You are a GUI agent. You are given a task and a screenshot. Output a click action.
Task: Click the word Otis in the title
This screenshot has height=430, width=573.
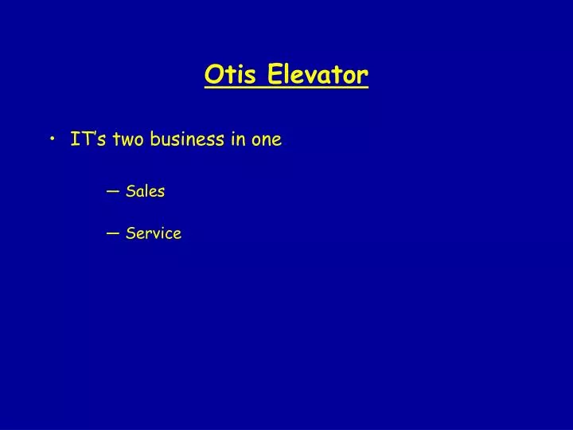tap(232, 75)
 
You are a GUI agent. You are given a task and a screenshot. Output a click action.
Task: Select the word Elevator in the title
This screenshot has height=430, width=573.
tap(318, 75)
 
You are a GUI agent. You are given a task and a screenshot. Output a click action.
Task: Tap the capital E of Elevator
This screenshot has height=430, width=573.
tap(273, 75)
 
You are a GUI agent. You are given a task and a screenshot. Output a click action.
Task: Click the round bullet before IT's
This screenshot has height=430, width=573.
tap(53, 140)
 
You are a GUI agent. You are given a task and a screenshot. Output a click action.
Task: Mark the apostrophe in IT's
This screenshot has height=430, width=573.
tap(95, 135)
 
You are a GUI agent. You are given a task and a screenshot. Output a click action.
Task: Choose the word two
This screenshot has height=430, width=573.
tap(129, 140)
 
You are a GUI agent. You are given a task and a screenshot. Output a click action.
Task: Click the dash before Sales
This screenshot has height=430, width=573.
tap(111, 191)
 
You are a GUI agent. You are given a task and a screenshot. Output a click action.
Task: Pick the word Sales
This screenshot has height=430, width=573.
tap(145, 191)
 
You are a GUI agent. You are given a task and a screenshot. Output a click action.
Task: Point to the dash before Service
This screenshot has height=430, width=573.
tap(111, 233)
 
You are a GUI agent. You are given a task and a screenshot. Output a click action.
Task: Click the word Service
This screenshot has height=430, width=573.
tap(153, 233)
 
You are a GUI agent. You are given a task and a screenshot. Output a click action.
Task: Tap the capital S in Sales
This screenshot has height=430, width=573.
tap(130, 191)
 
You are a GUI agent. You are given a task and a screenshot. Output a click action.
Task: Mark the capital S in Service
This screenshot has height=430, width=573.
tap(130, 233)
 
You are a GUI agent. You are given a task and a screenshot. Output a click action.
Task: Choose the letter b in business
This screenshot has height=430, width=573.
tap(155, 139)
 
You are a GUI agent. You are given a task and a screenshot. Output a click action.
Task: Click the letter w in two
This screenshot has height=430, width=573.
tap(128, 141)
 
